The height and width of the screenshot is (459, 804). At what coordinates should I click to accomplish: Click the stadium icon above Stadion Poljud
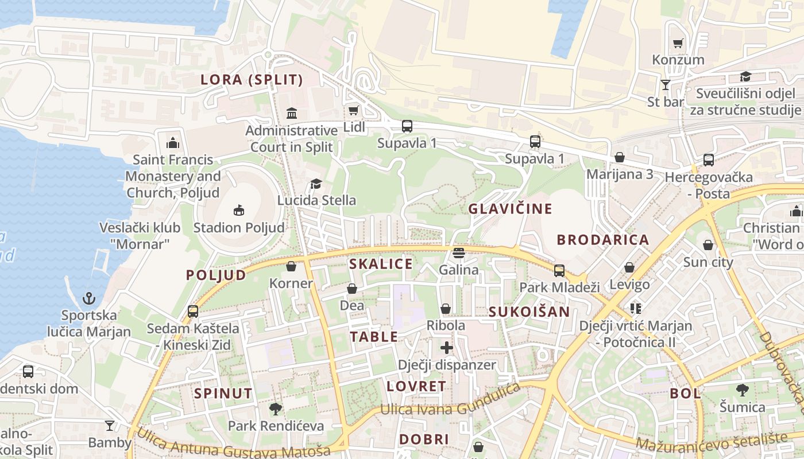pos(239,210)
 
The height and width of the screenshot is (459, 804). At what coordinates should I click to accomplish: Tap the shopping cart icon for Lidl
pos(354,110)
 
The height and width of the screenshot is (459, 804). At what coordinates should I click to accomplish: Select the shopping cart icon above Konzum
pos(678,43)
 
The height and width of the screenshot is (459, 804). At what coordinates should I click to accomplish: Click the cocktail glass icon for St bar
pos(666,85)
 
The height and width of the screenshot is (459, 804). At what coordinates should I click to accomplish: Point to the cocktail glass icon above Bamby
pos(109,425)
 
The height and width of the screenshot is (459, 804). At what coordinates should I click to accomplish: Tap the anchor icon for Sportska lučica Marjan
pos(88,298)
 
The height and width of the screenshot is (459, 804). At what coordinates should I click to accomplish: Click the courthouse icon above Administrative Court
pos(291,113)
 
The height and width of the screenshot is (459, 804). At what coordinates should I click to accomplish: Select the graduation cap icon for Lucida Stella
pos(316,184)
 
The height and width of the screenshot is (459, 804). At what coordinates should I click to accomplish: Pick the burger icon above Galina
pos(458,252)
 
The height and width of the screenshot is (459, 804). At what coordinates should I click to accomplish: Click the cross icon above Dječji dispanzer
pos(447,348)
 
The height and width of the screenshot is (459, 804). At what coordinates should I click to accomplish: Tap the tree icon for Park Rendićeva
pos(276,409)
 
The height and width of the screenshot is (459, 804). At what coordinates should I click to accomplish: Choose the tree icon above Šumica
pos(743,390)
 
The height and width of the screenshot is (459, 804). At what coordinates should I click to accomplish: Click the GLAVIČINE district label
pos(510,209)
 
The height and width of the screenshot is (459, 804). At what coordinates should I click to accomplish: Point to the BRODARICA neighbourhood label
pos(603,240)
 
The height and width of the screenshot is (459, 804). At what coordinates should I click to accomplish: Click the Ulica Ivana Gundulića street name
pos(451,404)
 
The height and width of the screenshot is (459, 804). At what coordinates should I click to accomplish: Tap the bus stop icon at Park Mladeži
pos(559,270)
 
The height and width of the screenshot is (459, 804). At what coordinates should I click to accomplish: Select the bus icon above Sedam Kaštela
pos(193,312)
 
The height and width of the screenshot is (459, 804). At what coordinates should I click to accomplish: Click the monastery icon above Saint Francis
pos(173,143)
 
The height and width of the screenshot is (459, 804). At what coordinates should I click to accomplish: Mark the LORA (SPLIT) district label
pos(252,80)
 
